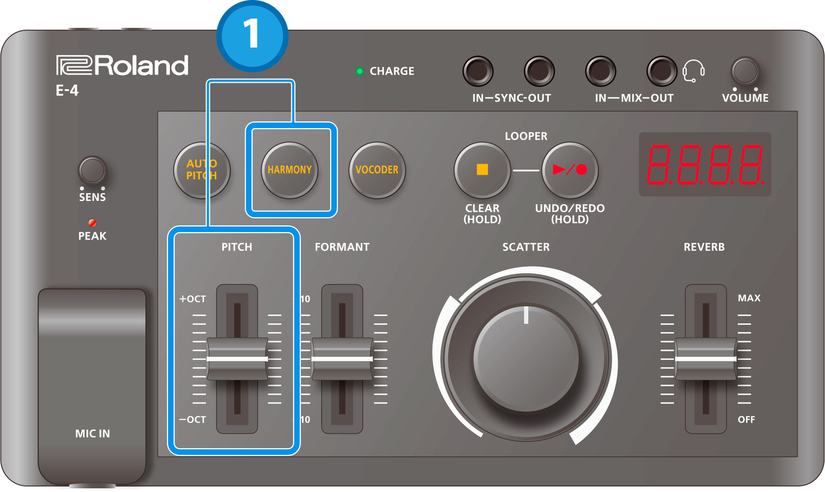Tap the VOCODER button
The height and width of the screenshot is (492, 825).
click(377, 170)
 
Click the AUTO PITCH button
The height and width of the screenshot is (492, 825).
click(202, 170)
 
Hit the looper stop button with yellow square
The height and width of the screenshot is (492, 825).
click(482, 170)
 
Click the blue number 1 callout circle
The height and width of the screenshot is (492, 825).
click(252, 36)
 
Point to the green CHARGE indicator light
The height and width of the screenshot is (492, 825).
click(359, 71)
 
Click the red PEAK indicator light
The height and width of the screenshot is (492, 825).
click(92, 223)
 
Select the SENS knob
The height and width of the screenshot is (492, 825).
click(92, 170)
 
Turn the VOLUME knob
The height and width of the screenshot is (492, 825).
click(745, 71)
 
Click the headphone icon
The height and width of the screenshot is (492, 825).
click(693, 71)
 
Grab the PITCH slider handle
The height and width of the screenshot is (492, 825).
click(237, 359)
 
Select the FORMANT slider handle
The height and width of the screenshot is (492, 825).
click(342, 359)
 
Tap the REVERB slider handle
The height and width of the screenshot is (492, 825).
click(706, 359)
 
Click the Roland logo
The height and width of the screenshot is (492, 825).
click(122, 65)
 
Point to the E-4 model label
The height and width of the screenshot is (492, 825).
click(67, 90)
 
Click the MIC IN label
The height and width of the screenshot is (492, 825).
click(92, 433)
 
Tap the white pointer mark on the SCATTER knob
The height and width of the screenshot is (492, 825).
click(526, 315)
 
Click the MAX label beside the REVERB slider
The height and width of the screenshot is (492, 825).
click(749, 298)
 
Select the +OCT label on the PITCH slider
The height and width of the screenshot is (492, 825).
click(193, 299)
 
